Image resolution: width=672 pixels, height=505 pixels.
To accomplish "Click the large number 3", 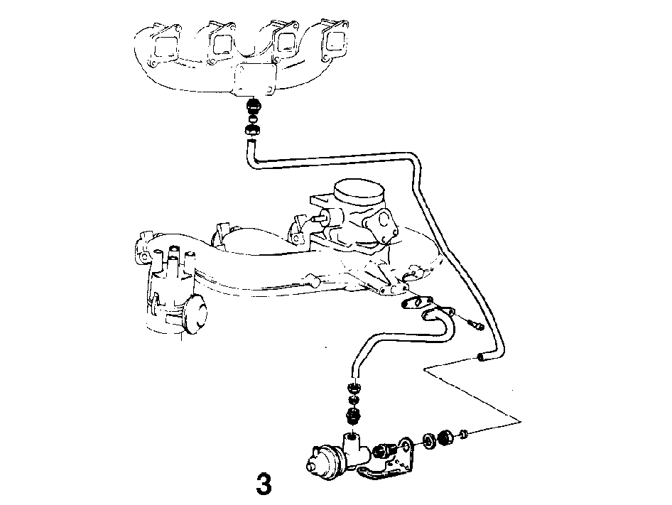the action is pyautogui.click(x=264, y=484).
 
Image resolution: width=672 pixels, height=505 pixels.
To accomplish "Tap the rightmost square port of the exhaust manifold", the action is pyautogui.click(x=335, y=40).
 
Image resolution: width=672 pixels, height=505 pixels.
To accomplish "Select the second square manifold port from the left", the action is pyautogui.click(x=222, y=43).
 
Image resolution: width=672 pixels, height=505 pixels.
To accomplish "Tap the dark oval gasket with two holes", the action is pyautogui.click(x=413, y=303).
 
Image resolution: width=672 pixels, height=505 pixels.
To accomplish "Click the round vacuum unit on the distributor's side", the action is pyautogui.click(x=195, y=313).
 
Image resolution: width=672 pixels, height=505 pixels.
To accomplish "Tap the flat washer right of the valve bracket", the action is pyautogui.click(x=428, y=441).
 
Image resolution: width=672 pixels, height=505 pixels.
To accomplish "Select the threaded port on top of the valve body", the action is pyautogui.click(x=352, y=437).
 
